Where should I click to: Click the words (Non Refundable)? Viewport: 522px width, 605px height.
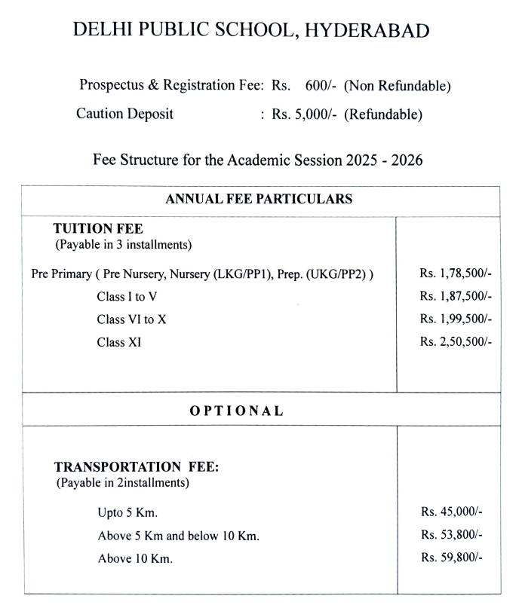tap(398, 86)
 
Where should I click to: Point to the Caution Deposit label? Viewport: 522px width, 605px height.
tap(124, 115)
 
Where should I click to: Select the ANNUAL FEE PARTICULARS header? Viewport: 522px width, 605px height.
tap(259, 200)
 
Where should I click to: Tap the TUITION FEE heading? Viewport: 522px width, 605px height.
tap(98, 228)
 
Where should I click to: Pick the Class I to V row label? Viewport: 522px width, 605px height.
tap(127, 297)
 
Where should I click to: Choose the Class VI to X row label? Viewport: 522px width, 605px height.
tap(131, 319)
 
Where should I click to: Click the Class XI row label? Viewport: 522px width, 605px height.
tap(118, 342)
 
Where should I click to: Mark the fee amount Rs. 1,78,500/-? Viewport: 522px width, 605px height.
tap(456, 273)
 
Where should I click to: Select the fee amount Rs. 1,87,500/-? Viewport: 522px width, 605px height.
tap(456, 297)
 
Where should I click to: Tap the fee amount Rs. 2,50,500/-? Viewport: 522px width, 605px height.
tap(456, 342)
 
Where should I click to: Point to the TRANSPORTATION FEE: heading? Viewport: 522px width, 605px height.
tap(136, 467)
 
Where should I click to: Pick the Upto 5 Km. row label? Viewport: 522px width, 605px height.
tap(127, 513)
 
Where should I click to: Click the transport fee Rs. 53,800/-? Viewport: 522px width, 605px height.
tap(451, 536)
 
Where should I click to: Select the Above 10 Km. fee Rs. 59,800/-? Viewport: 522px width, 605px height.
tap(451, 558)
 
